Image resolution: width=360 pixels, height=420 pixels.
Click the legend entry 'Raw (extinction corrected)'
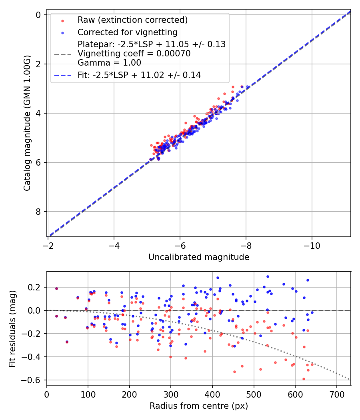pyautogui.click(x=132, y=20)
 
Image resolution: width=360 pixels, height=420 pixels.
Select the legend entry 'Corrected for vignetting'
pyautogui.click(x=127, y=32)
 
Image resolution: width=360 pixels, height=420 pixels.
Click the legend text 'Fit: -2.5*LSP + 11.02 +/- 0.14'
pyautogui.click(x=139, y=75)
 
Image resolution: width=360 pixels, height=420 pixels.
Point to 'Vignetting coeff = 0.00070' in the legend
pyautogui.click(x=134, y=54)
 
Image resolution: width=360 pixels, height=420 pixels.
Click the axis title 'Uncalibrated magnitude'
pyautogui.click(x=199, y=257)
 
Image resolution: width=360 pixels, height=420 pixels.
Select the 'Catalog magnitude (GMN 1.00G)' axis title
pyautogui.click(x=27, y=123)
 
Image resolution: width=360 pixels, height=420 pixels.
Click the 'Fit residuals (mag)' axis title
pyautogui.click(x=12, y=328)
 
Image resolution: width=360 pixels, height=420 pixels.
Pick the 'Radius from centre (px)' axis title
pyautogui.click(x=199, y=406)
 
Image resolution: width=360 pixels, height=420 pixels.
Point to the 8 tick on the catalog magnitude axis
pyautogui.click(x=38, y=212)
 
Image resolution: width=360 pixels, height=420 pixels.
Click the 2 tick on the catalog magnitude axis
pyautogui.click(x=38, y=64)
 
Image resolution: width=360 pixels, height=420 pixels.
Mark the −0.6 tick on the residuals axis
pyautogui.click(x=34, y=380)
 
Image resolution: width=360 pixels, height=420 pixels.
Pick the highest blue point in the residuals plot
pyautogui.click(x=268, y=276)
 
